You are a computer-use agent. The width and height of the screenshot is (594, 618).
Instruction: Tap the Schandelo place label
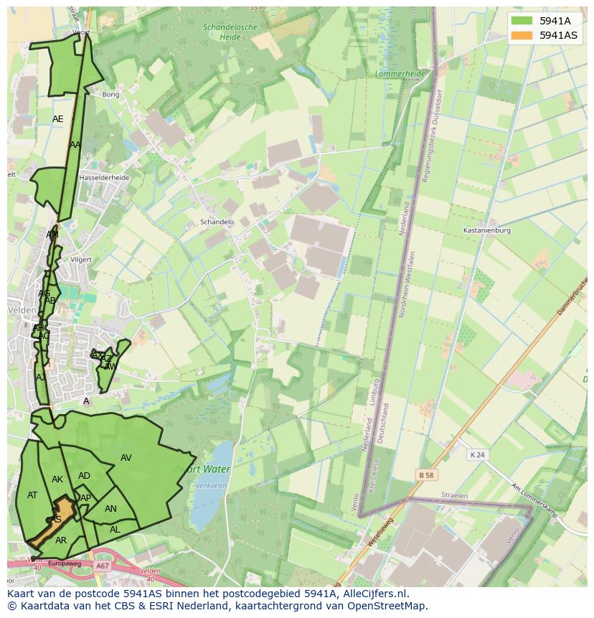point(217,223)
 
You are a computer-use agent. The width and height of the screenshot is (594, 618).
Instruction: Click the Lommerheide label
point(400,74)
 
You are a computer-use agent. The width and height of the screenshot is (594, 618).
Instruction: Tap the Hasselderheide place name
point(104,177)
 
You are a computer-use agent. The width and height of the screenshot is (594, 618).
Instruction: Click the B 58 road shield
point(428,475)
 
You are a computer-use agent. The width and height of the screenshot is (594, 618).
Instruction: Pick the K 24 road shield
point(477,455)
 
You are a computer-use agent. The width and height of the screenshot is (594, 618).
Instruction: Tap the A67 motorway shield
point(102,566)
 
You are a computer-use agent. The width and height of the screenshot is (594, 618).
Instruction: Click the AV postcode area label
point(126,458)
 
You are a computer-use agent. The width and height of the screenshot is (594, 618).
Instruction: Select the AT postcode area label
point(32,495)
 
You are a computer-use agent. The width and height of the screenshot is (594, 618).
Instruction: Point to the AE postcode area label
point(58,119)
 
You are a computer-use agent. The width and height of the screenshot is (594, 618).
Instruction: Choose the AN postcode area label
point(110,509)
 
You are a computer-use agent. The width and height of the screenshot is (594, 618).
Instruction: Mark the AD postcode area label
point(85,476)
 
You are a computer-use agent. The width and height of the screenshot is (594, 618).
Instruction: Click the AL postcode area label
point(115,530)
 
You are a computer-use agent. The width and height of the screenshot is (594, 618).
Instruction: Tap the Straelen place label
point(455,496)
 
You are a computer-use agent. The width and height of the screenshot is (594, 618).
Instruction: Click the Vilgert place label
point(82,259)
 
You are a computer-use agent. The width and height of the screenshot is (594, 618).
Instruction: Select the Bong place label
point(110,95)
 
